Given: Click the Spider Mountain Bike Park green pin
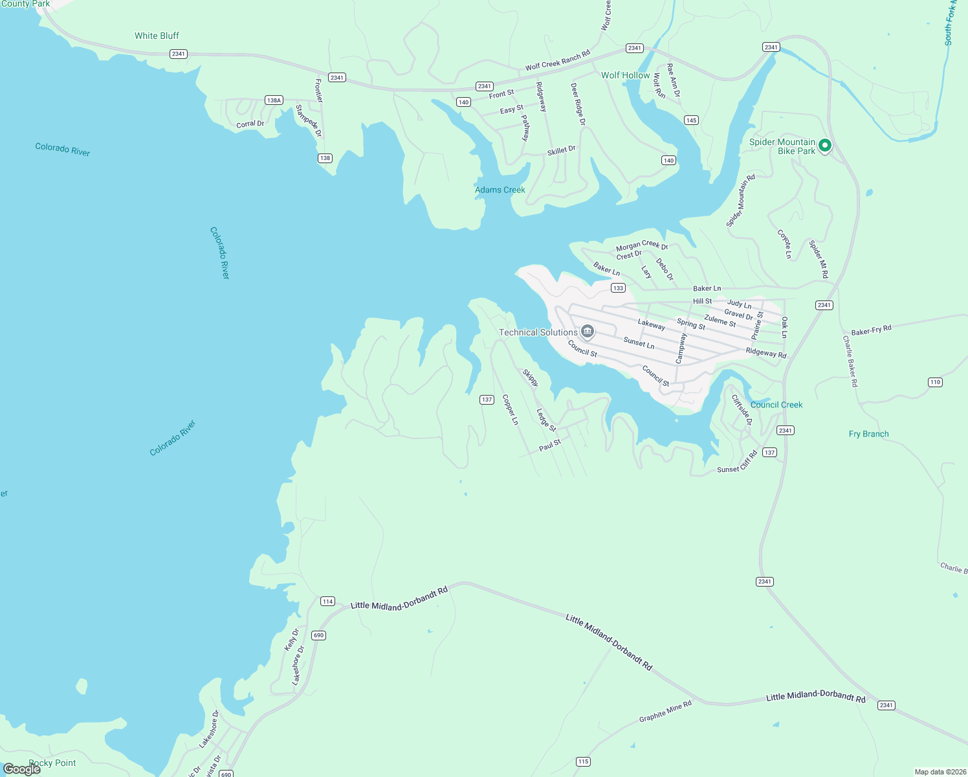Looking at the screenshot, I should (x=824, y=146).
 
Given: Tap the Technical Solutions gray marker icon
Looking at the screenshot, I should (x=588, y=332).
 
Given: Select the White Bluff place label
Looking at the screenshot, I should (x=157, y=36).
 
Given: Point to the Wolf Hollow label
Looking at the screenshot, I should (x=625, y=75).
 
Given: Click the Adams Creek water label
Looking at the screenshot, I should (x=500, y=190).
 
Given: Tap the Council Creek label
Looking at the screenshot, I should (x=776, y=405).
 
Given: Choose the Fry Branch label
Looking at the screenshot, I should (x=868, y=434).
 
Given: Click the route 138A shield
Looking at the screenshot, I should (x=274, y=100).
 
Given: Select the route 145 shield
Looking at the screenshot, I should (x=691, y=120).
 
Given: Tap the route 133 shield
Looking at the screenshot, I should (x=618, y=288).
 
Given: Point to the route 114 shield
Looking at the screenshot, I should (x=327, y=602).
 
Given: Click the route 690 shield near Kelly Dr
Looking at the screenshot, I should (x=318, y=635).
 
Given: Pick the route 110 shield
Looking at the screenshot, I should (x=935, y=382).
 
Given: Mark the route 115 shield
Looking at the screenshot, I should (x=583, y=761).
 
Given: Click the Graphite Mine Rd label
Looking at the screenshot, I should (x=665, y=711).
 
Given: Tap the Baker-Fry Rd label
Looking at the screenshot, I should (x=871, y=330).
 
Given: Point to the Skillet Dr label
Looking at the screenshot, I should (x=561, y=150).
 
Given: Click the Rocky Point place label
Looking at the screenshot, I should (x=52, y=763).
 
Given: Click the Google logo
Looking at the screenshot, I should (x=22, y=769).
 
